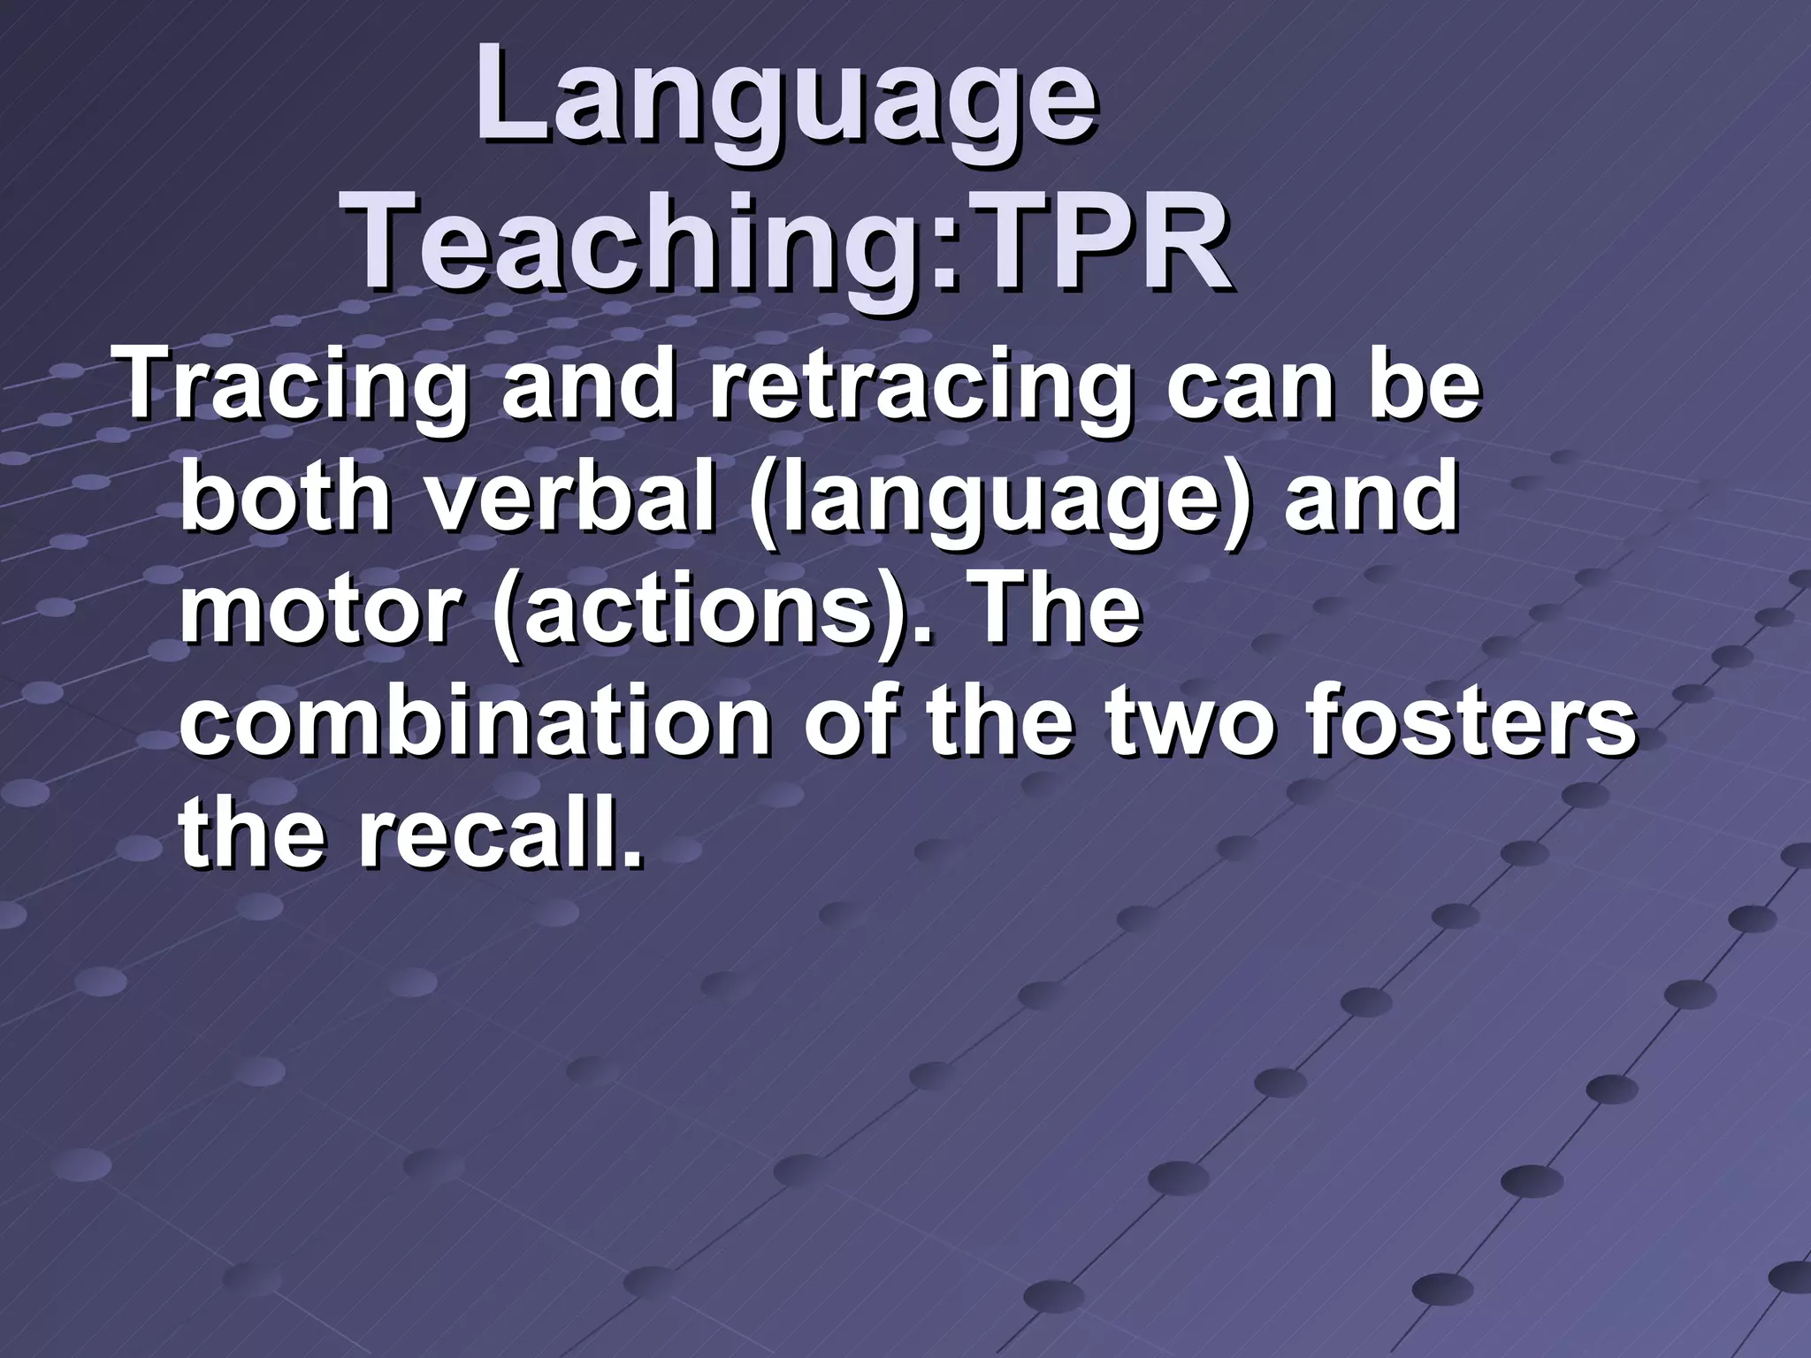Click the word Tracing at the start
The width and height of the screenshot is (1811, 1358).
pos(293,391)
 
